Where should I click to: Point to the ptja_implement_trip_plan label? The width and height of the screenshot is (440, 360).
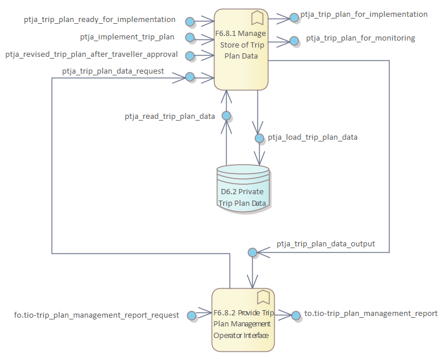[x=127, y=37]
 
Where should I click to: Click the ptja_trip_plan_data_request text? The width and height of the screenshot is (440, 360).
[x=112, y=71]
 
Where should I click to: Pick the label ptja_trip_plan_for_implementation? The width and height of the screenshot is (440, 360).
[x=364, y=14]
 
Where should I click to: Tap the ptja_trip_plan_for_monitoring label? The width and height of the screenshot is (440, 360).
[x=361, y=39]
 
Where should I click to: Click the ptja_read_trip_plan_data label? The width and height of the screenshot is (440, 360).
[x=170, y=117]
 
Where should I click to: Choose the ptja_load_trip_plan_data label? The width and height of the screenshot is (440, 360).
[x=312, y=137]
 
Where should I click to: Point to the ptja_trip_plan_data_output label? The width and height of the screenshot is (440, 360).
[x=326, y=244]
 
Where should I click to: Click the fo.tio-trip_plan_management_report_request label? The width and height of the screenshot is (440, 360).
[x=97, y=315]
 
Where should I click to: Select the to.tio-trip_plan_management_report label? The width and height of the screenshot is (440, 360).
[x=371, y=314]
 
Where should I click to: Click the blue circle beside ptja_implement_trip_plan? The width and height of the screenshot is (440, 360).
[x=190, y=38]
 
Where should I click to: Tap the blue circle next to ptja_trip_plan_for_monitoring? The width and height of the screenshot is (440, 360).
[x=294, y=41]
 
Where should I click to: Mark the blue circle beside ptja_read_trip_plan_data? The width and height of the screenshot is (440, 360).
[x=226, y=115]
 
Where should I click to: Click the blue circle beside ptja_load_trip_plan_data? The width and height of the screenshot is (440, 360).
[x=259, y=139]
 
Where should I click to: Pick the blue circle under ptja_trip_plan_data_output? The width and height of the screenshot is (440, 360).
[x=252, y=252]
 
